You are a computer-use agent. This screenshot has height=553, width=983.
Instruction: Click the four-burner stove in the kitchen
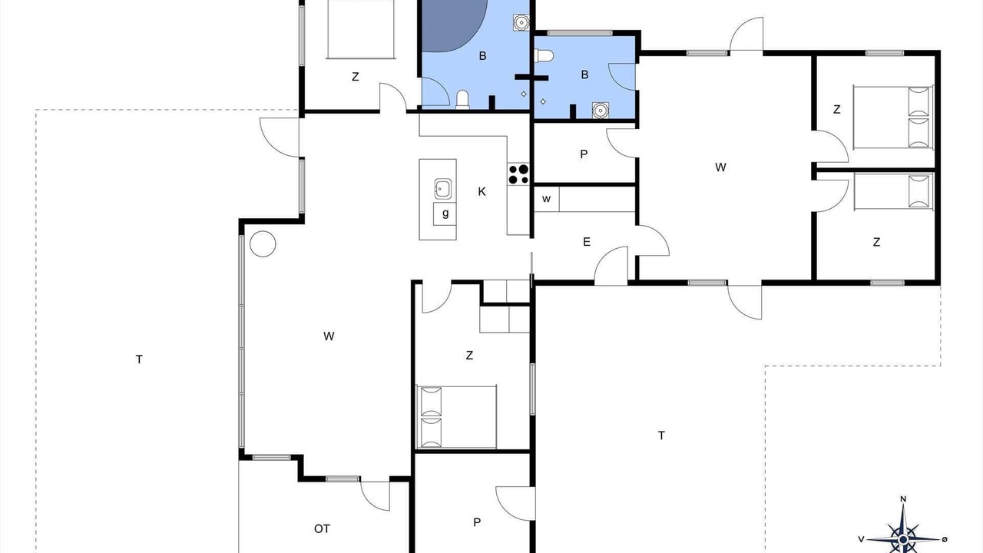point(518,174)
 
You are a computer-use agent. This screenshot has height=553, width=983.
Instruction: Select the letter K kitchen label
point(482,192)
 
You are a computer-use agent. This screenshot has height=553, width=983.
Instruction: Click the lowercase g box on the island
point(445,214)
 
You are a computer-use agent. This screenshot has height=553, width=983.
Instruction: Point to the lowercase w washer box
point(546,199)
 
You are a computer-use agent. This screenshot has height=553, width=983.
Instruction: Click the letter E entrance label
point(586,242)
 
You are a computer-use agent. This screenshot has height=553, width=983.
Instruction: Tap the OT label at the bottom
point(322,529)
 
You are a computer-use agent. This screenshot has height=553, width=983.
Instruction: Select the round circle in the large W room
point(263,243)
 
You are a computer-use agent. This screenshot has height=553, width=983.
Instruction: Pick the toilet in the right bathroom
point(544,56)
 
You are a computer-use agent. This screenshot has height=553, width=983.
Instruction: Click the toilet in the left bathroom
point(462,99)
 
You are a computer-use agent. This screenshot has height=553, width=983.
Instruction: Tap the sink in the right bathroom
point(601,110)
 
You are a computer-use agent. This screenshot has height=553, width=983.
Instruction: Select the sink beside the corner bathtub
point(521,22)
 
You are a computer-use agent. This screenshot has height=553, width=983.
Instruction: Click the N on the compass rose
point(903,499)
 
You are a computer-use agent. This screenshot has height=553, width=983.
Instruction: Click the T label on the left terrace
point(139,359)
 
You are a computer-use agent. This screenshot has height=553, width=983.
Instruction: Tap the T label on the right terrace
point(661,435)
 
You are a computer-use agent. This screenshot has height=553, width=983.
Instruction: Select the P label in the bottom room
point(477,522)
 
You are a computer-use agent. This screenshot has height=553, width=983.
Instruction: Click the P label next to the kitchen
point(584,154)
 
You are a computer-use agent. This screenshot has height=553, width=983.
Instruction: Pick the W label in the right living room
point(720,167)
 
